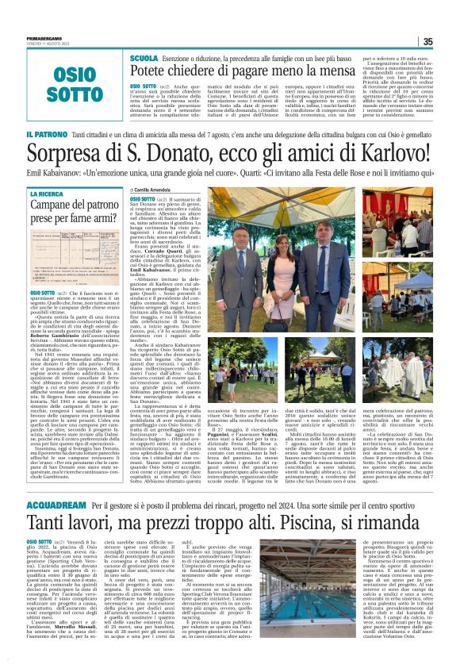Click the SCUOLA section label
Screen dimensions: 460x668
point(144,60)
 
